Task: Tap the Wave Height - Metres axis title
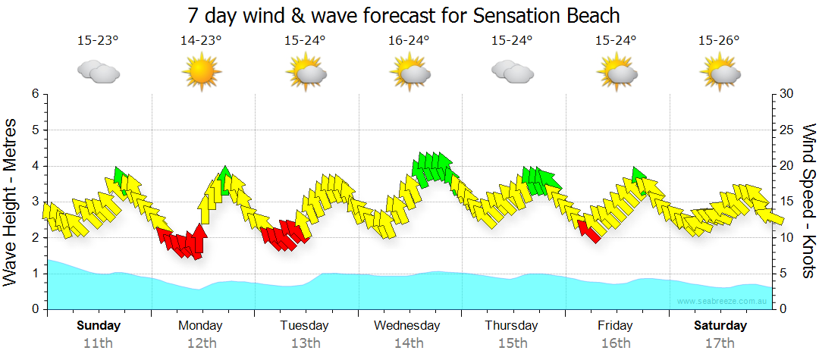[11, 201]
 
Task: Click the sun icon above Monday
[201, 73]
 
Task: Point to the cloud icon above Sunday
[98, 73]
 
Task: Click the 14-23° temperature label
[201, 40]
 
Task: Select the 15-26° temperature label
[719, 40]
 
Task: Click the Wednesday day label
[408, 325]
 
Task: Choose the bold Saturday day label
[720, 325]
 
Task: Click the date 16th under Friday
[615, 343]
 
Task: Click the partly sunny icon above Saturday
[719, 73]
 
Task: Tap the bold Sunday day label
[98, 325]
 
